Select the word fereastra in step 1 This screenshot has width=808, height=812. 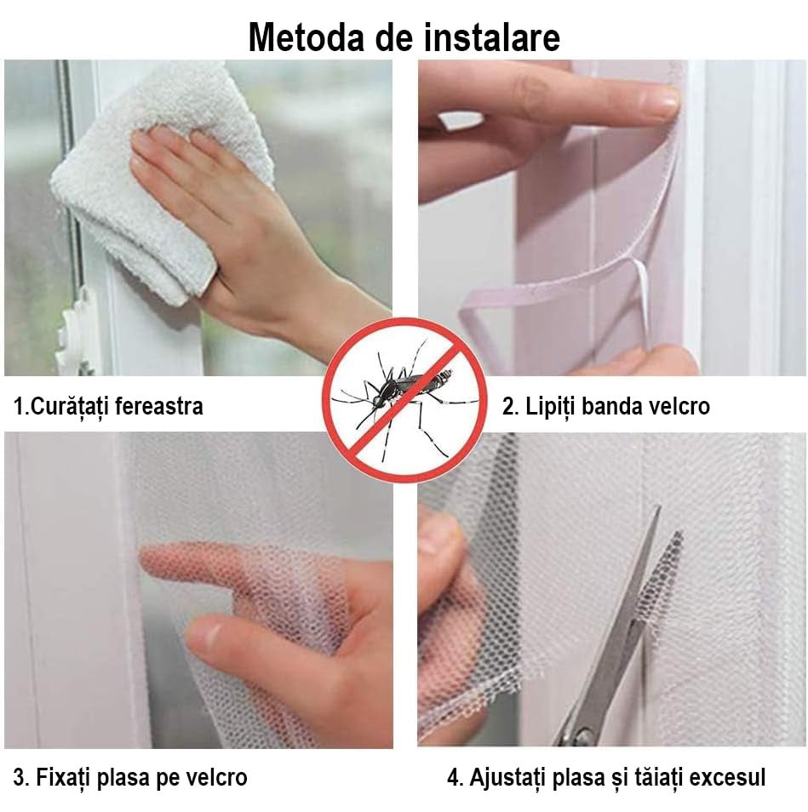159,406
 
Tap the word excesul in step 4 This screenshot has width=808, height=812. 727,778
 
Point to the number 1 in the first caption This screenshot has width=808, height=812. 18,407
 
